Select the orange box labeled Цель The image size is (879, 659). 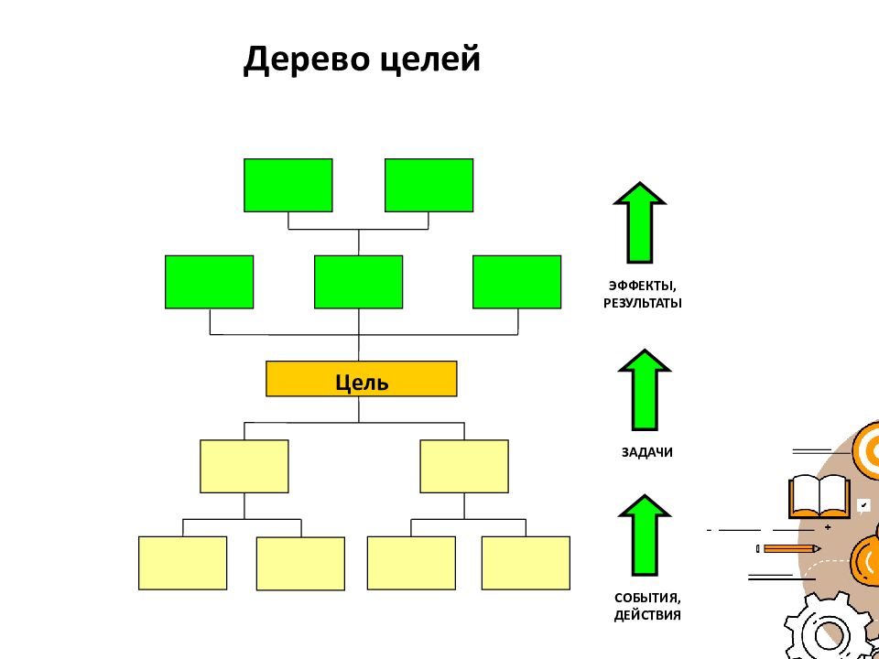point(361,379)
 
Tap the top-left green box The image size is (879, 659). point(288,185)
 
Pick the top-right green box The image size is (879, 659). point(429,185)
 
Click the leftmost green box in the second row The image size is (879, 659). point(209,282)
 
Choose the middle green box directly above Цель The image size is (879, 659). point(358,282)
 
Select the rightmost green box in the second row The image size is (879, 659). point(516,282)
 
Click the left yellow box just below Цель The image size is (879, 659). point(244,466)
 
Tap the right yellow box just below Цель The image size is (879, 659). point(464,466)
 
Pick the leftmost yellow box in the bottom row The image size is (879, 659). point(183,563)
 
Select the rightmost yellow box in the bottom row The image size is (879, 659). point(526,563)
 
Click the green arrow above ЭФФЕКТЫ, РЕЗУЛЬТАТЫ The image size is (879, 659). point(640,222)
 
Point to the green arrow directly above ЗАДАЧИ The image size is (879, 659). point(644,390)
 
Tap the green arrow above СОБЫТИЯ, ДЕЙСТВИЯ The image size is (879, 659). point(644,535)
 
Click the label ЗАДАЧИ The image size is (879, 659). point(647,452)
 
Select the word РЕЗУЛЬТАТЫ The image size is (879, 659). point(643,304)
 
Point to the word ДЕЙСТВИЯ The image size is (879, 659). point(647,615)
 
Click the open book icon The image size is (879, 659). point(819,496)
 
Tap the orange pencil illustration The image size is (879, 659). point(788,548)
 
